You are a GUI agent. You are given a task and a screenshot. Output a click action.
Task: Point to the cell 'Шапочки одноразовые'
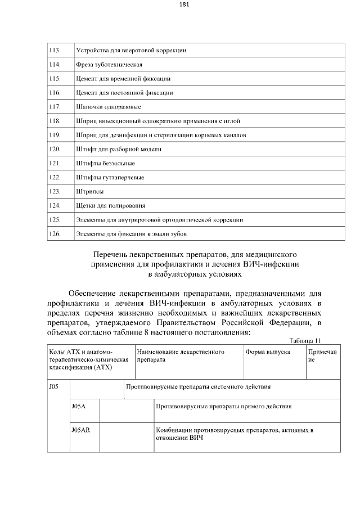coord(108,107)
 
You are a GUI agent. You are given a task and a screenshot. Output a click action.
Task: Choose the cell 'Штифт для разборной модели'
coord(119,149)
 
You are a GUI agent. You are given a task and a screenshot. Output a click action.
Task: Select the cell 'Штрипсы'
coord(89,191)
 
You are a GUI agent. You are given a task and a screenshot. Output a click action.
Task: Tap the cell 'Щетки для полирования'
coord(110,205)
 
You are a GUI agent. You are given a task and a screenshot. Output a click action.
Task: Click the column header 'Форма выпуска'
coord(268,352)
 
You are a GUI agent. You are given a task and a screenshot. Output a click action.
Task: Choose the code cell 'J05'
coord(54,387)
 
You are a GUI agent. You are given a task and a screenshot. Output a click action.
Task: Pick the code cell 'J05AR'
coord(81,430)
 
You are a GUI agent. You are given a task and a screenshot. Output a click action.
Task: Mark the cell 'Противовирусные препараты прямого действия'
coord(223,405)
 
